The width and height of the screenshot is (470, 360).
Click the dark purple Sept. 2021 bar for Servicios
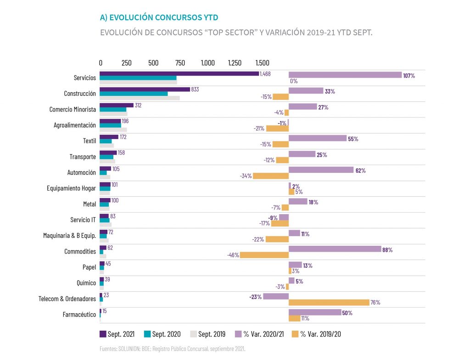[179, 73]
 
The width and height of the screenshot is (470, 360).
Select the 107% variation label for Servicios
[409, 75]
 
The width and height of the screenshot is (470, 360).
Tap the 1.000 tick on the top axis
[207, 62]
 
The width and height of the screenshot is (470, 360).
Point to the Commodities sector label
[80, 251]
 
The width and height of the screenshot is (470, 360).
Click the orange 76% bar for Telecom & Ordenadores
[329, 302]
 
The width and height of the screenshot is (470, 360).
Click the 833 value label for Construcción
[195, 89]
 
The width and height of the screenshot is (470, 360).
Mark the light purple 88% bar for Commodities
[335, 249]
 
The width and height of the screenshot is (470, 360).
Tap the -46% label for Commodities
[233, 255]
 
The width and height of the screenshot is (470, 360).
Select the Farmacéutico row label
[79, 315]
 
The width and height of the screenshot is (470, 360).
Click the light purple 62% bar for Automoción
[321, 170]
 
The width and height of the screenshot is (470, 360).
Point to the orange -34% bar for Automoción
[271, 176]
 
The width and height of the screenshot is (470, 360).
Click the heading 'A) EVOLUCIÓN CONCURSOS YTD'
[159, 17]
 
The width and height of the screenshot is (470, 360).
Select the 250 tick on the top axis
[127, 62]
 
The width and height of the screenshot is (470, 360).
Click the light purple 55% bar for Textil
[317, 138]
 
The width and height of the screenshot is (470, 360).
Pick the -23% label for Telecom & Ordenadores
[256, 297]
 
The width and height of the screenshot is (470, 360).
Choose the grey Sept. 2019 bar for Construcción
[140, 98]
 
